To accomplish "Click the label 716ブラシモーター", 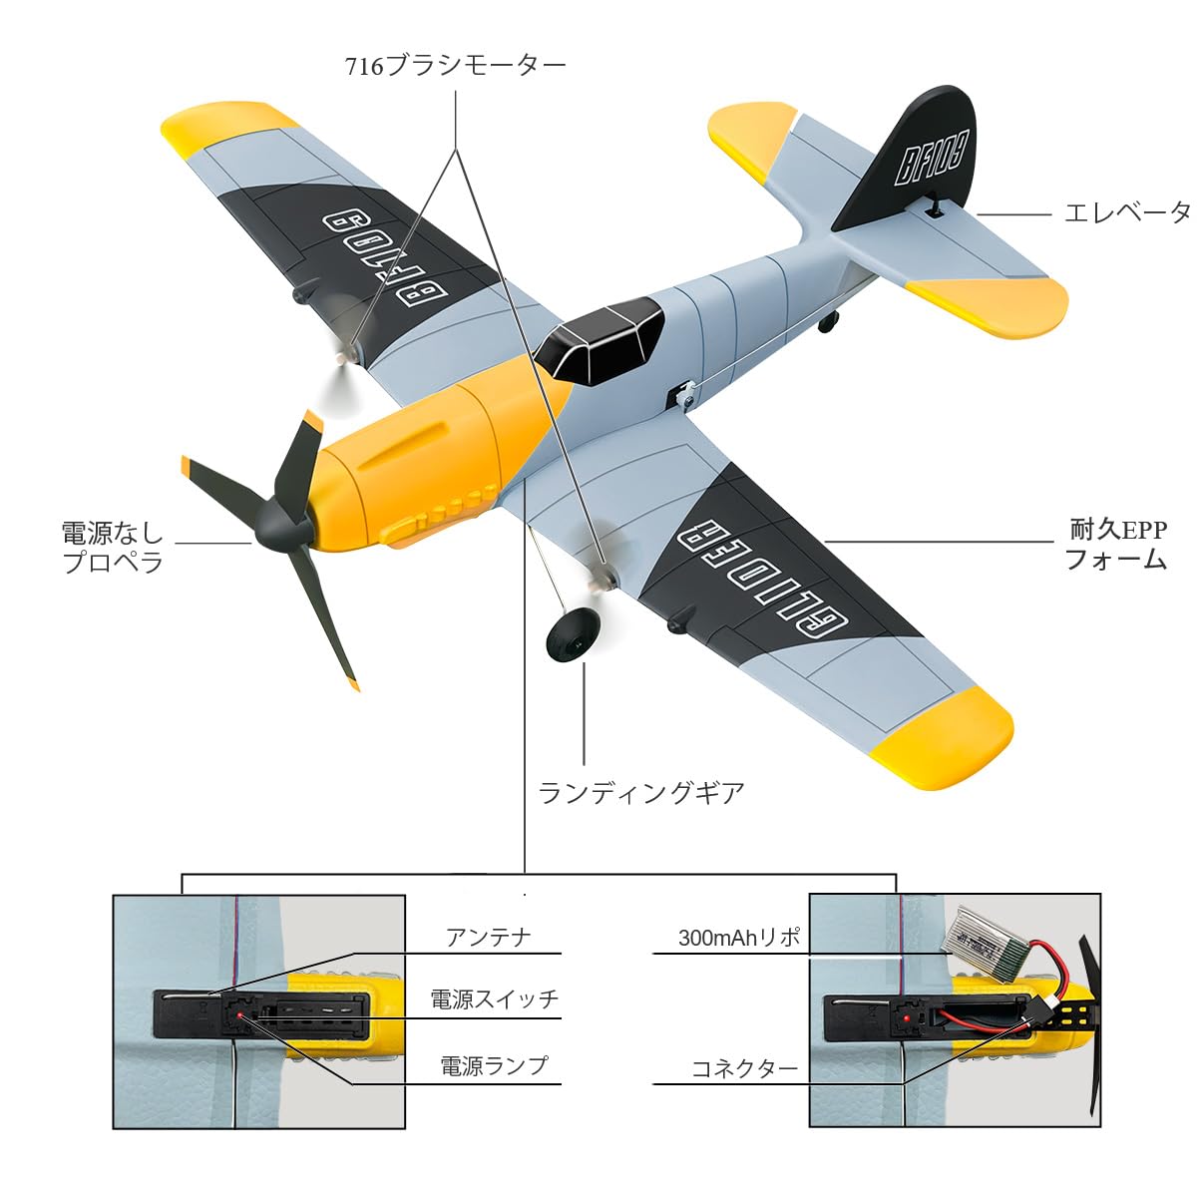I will pos(455,66).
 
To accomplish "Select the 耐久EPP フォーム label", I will pos(1117,544).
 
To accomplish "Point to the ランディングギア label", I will pos(641,793).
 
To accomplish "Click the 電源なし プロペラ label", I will pos(112,547).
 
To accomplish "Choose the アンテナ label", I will pos(488,938).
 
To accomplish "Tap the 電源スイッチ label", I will pos(494,999).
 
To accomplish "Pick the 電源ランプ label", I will pos(494,1065).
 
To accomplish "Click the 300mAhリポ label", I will pos(739,938).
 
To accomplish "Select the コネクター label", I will pos(745,1069).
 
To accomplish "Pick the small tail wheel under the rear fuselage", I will pos(827,322).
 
